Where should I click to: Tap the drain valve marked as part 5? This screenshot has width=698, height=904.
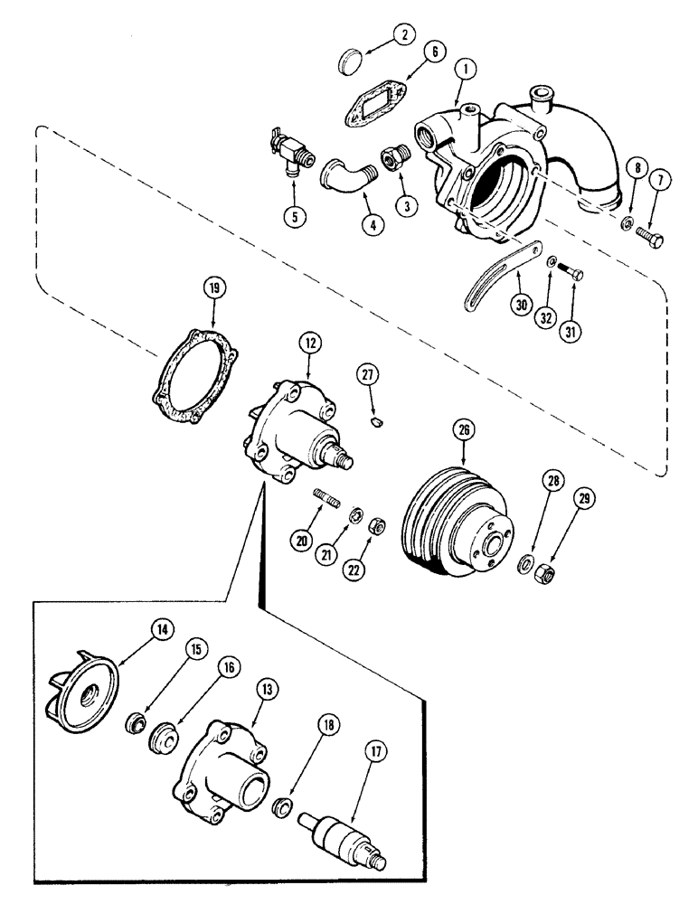(288, 146)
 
